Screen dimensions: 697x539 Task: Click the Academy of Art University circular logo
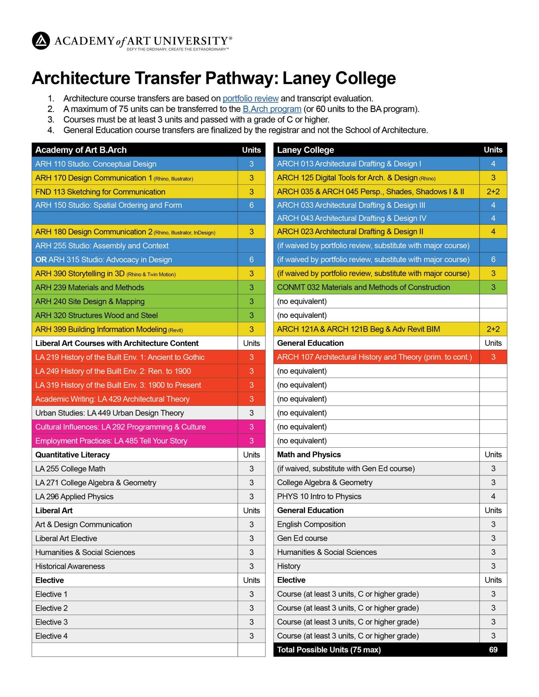coord(41,41)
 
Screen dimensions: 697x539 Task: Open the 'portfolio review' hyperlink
coord(250,98)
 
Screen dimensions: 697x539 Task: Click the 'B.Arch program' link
coord(272,109)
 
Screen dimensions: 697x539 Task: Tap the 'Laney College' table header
coord(305,150)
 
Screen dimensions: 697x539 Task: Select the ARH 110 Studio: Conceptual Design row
coord(96,164)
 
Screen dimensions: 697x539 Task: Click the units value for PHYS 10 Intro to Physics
coord(493,496)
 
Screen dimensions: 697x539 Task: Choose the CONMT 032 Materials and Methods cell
coord(363,287)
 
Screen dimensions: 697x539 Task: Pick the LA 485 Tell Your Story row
coord(111,441)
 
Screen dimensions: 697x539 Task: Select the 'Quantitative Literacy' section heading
coord(72,455)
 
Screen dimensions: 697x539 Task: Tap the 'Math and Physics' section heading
coord(309,454)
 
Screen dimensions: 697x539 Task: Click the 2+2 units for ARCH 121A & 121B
coord(493,329)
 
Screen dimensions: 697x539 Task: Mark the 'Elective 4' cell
coord(52,636)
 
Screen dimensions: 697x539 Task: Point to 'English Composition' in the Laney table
coord(311,524)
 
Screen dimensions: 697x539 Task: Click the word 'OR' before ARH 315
coord(41,259)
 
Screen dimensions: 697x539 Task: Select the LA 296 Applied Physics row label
coord(74,496)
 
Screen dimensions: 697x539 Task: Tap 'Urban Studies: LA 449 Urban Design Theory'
coord(110,413)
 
